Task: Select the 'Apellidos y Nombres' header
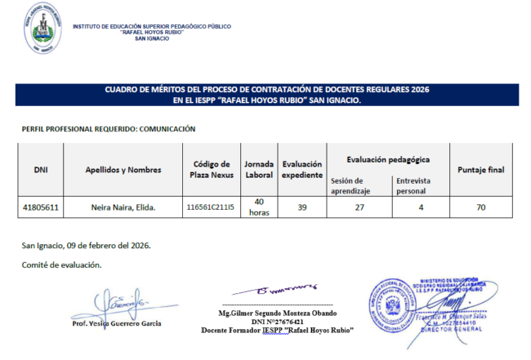123,170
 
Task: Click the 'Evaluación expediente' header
301,170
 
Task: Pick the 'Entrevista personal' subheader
413,184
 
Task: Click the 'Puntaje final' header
481,170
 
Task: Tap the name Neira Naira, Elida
123,207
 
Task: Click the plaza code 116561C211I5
210,207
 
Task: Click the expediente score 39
301,207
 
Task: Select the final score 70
481,207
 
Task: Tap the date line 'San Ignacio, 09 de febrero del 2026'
86,245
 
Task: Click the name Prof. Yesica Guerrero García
116,323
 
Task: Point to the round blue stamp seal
396,303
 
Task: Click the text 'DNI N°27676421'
280,322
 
